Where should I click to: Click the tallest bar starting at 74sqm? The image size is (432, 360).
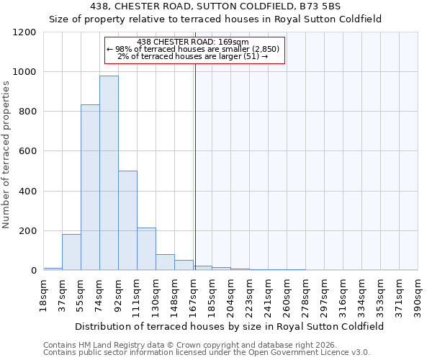coord(109,173)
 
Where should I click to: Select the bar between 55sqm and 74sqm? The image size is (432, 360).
coord(90,187)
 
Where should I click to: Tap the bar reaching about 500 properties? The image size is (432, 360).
coord(127,220)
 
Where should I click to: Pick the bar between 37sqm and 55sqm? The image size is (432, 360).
coord(71,252)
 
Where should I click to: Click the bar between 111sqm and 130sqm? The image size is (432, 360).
coord(146,249)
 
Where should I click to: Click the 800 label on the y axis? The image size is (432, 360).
coord(28,112)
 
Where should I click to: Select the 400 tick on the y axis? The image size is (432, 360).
coord(28,192)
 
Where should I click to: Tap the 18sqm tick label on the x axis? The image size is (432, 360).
coord(44,294)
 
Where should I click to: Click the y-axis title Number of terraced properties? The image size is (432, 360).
coord(6,155)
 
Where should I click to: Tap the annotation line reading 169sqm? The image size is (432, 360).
coord(195,42)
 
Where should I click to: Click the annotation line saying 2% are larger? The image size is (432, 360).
coord(195,56)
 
